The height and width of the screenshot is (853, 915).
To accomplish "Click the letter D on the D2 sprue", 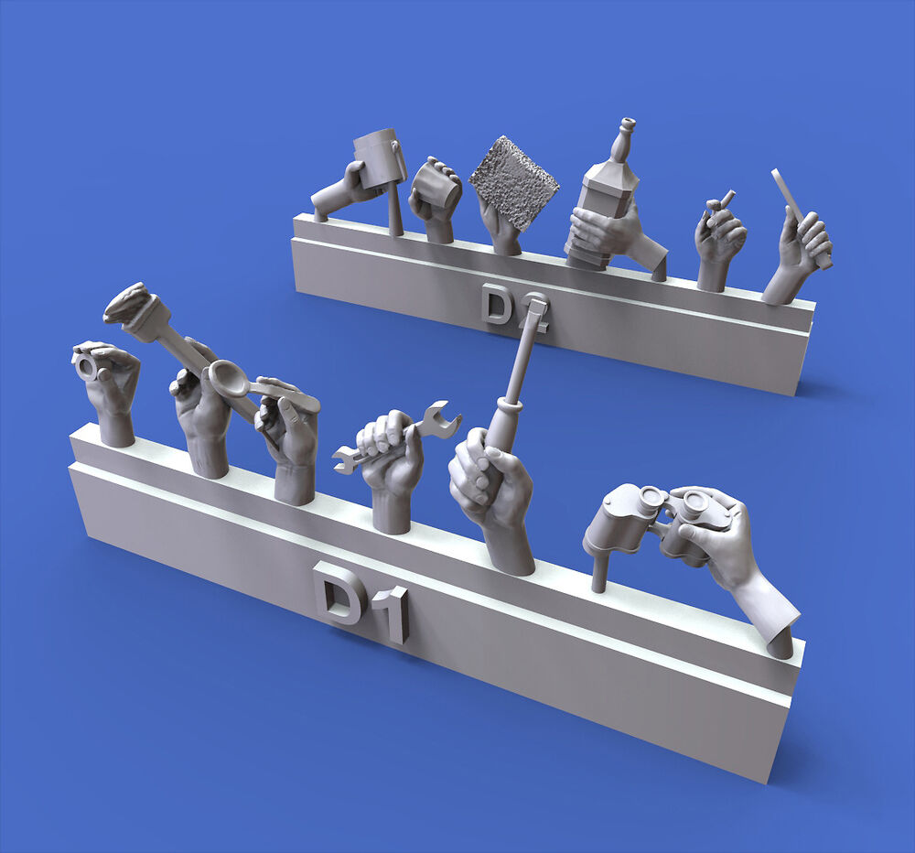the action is pos(497,304).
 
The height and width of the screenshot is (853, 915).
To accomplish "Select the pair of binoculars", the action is pos(648,523).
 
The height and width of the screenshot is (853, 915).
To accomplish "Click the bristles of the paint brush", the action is pos(124,301).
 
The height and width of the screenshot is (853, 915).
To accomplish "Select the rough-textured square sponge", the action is pos(514,185).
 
